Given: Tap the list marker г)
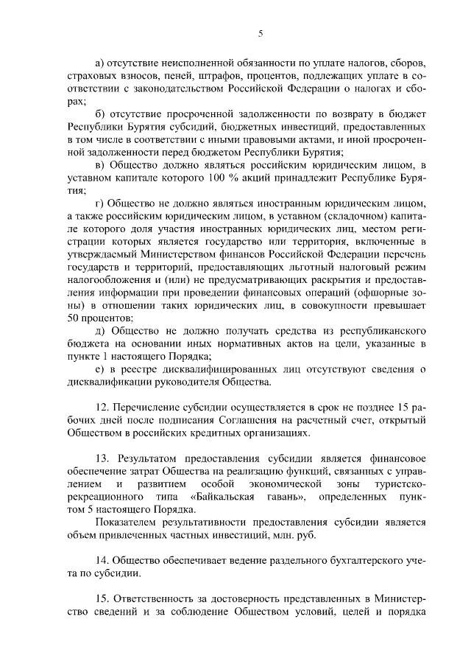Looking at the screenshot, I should coord(100,201).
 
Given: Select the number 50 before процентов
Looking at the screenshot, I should coord(72,318).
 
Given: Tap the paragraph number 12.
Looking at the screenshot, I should coord(103,406).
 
